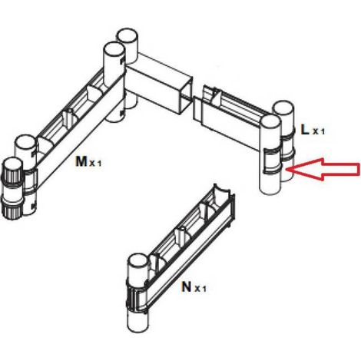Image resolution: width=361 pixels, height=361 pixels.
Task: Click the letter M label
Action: (81, 161)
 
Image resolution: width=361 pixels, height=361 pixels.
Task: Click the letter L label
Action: (305, 130)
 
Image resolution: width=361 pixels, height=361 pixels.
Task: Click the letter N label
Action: (186, 286)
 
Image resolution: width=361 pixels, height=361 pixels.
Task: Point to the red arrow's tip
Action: (285, 169)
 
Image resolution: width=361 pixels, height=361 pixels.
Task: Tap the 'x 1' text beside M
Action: (95, 164)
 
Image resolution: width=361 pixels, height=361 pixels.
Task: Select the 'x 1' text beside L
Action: (319, 131)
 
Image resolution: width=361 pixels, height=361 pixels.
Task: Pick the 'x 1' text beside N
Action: (200, 289)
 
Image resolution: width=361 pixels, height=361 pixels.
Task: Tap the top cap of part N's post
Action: (138, 263)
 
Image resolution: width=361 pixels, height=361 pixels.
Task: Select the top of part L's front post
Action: (270, 124)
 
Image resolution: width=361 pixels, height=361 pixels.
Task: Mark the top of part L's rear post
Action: (283, 110)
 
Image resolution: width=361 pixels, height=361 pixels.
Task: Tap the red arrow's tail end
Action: (359, 169)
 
